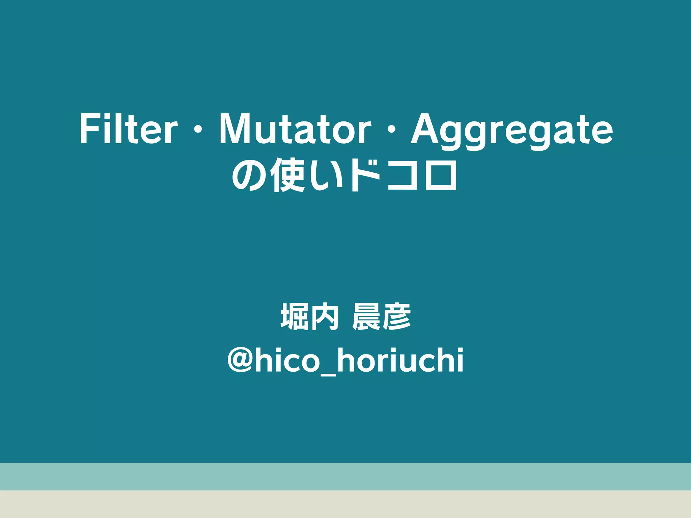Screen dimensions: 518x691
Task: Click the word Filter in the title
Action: pos(128,129)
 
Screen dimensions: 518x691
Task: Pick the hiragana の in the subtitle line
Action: pos(249,175)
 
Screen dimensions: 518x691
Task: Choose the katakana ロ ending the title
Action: pos(440,176)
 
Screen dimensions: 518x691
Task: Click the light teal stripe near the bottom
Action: pos(345,476)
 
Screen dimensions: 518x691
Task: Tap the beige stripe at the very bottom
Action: pos(345,504)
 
